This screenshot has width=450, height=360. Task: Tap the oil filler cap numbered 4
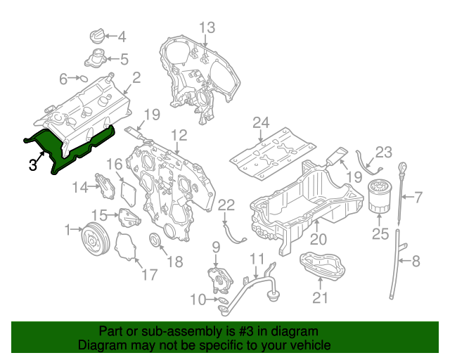96,35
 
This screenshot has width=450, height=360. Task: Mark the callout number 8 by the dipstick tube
416,262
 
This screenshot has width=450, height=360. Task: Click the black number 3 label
32,165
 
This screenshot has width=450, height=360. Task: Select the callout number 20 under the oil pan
319,239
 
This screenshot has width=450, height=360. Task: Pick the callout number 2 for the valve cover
136,77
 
